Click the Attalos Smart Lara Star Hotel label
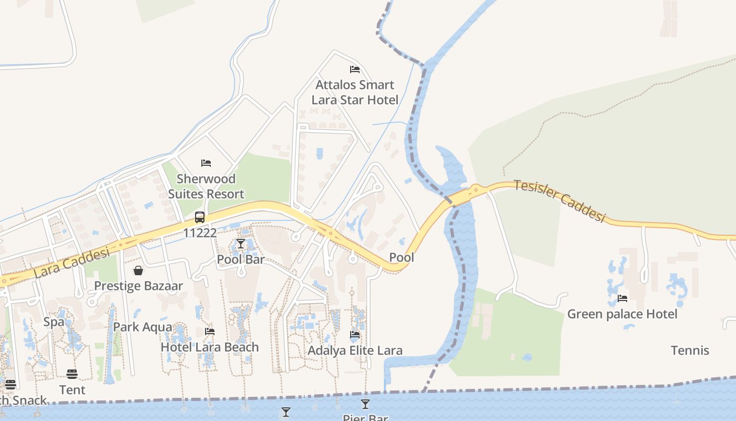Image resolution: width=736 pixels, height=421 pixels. click(x=355, y=92)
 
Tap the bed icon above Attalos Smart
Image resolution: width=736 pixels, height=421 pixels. click(x=355, y=69)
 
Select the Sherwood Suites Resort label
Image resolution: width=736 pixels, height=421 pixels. click(x=206, y=186)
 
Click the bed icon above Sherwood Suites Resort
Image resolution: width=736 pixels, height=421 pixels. click(x=206, y=163)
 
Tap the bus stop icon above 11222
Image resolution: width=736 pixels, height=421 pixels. click(x=200, y=217)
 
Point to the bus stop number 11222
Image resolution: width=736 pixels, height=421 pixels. click(x=200, y=233)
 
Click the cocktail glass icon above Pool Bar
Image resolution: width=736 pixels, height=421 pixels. click(x=241, y=244)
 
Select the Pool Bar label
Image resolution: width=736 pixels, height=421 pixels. click(x=241, y=259)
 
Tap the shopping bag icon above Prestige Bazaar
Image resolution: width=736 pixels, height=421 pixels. click(x=138, y=270)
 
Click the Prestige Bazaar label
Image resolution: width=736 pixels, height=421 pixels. click(x=138, y=286)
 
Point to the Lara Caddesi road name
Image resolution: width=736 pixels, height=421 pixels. click(x=71, y=264)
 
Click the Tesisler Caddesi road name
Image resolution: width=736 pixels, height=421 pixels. click(x=560, y=201)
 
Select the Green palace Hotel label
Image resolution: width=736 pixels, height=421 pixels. click(x=622, y=314)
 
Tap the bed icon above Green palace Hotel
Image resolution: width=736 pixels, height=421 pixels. click(x=622, y=298)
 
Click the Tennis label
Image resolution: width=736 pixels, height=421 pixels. click(x=690, y=350)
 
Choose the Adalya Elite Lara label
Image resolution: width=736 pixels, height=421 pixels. click(x=355, y=350)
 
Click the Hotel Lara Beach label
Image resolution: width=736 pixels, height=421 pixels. click(x=210, y=347)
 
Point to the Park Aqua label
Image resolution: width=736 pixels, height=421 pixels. click(x=142, y=327)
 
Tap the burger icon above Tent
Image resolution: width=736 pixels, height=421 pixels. click(x=72, y=374)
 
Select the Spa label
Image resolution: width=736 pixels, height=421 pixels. click(x=54, y=322)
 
